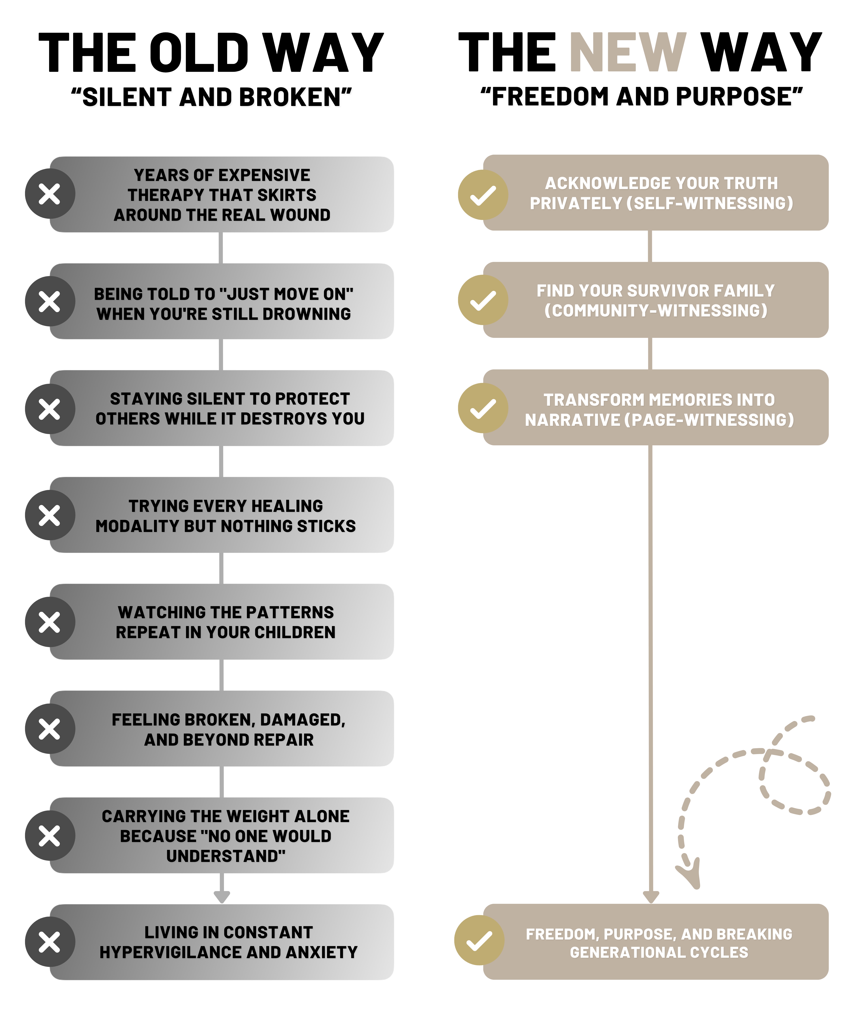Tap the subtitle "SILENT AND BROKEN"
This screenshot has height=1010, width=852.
click(x=212, y=98)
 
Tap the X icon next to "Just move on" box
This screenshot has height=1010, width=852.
click(x=50, y=301)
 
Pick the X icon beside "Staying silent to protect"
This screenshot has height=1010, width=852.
click(x=50, y=409)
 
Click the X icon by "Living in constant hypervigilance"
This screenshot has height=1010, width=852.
click(x=50, y=942)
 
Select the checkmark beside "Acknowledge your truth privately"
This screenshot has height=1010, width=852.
click(x=483, y=195)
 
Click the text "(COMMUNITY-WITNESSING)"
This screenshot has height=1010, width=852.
click(x=656, y=310)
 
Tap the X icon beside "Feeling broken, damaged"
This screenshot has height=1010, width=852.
click(x=50, y=729)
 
